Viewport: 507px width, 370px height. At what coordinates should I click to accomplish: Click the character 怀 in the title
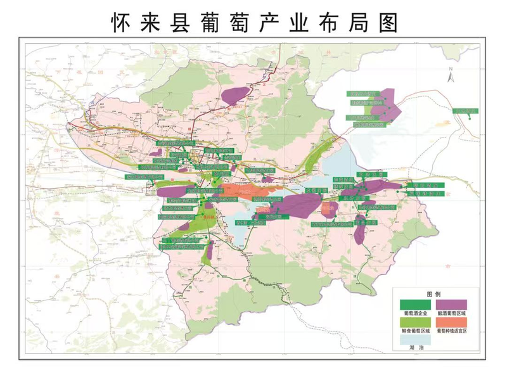pos(122,22)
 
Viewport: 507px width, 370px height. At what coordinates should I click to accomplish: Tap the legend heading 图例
pos(434,296)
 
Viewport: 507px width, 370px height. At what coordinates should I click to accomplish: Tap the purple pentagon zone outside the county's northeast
pos(385,103)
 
